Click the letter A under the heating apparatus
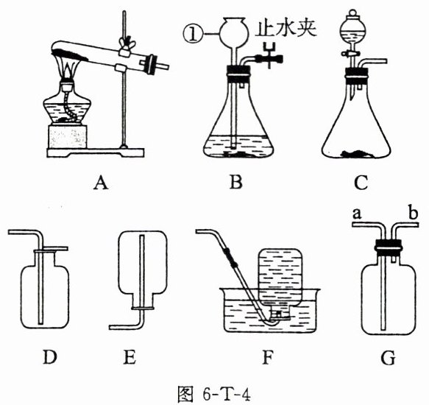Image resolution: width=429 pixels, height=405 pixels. (x=101, y=183)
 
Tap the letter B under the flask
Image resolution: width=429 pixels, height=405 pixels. (x=236, y=183)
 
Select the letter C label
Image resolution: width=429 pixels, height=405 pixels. (x=361, y=183)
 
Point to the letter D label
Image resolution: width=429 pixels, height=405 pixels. (x=50, y=357)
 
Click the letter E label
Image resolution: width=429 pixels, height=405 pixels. (x=130, y=357)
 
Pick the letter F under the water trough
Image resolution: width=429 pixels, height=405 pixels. (x=268, y=357)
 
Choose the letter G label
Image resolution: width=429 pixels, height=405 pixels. (x=389, y=358)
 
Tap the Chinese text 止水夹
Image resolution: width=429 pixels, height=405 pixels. (x=286, y=27)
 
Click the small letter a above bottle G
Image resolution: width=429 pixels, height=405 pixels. (x=357, y=214)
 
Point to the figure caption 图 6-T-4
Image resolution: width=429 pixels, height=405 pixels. (x=214, y=394)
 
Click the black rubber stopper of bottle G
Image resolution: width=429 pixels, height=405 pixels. (x=389, y=247)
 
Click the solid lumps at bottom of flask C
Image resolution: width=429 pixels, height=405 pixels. (x=357, y=154)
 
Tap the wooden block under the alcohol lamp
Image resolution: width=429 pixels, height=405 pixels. (x=68, y=137)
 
